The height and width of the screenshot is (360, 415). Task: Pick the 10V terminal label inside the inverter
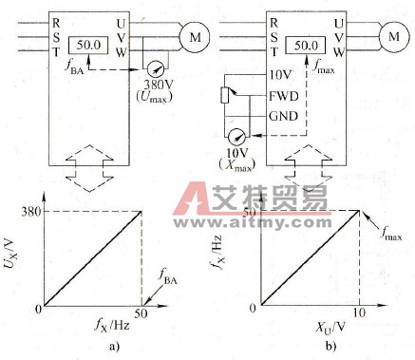tap(281, 75)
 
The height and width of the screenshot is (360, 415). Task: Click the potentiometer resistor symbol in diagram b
tap(225, 96)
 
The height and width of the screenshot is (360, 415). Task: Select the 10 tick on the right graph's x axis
tap(360, 313)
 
